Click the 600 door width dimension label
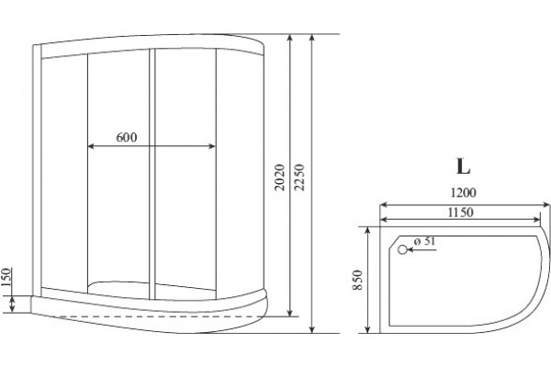click(127, 137)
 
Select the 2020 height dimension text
click(279, 178)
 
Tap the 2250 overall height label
click(299, 178)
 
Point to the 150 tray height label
click(6, 277)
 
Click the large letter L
click(463, 167)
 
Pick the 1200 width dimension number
click(464, 192)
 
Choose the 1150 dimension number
click(461, 213)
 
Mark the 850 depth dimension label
click(357, 280)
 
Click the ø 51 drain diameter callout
click(424, 241)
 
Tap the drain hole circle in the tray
click(402, 249)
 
